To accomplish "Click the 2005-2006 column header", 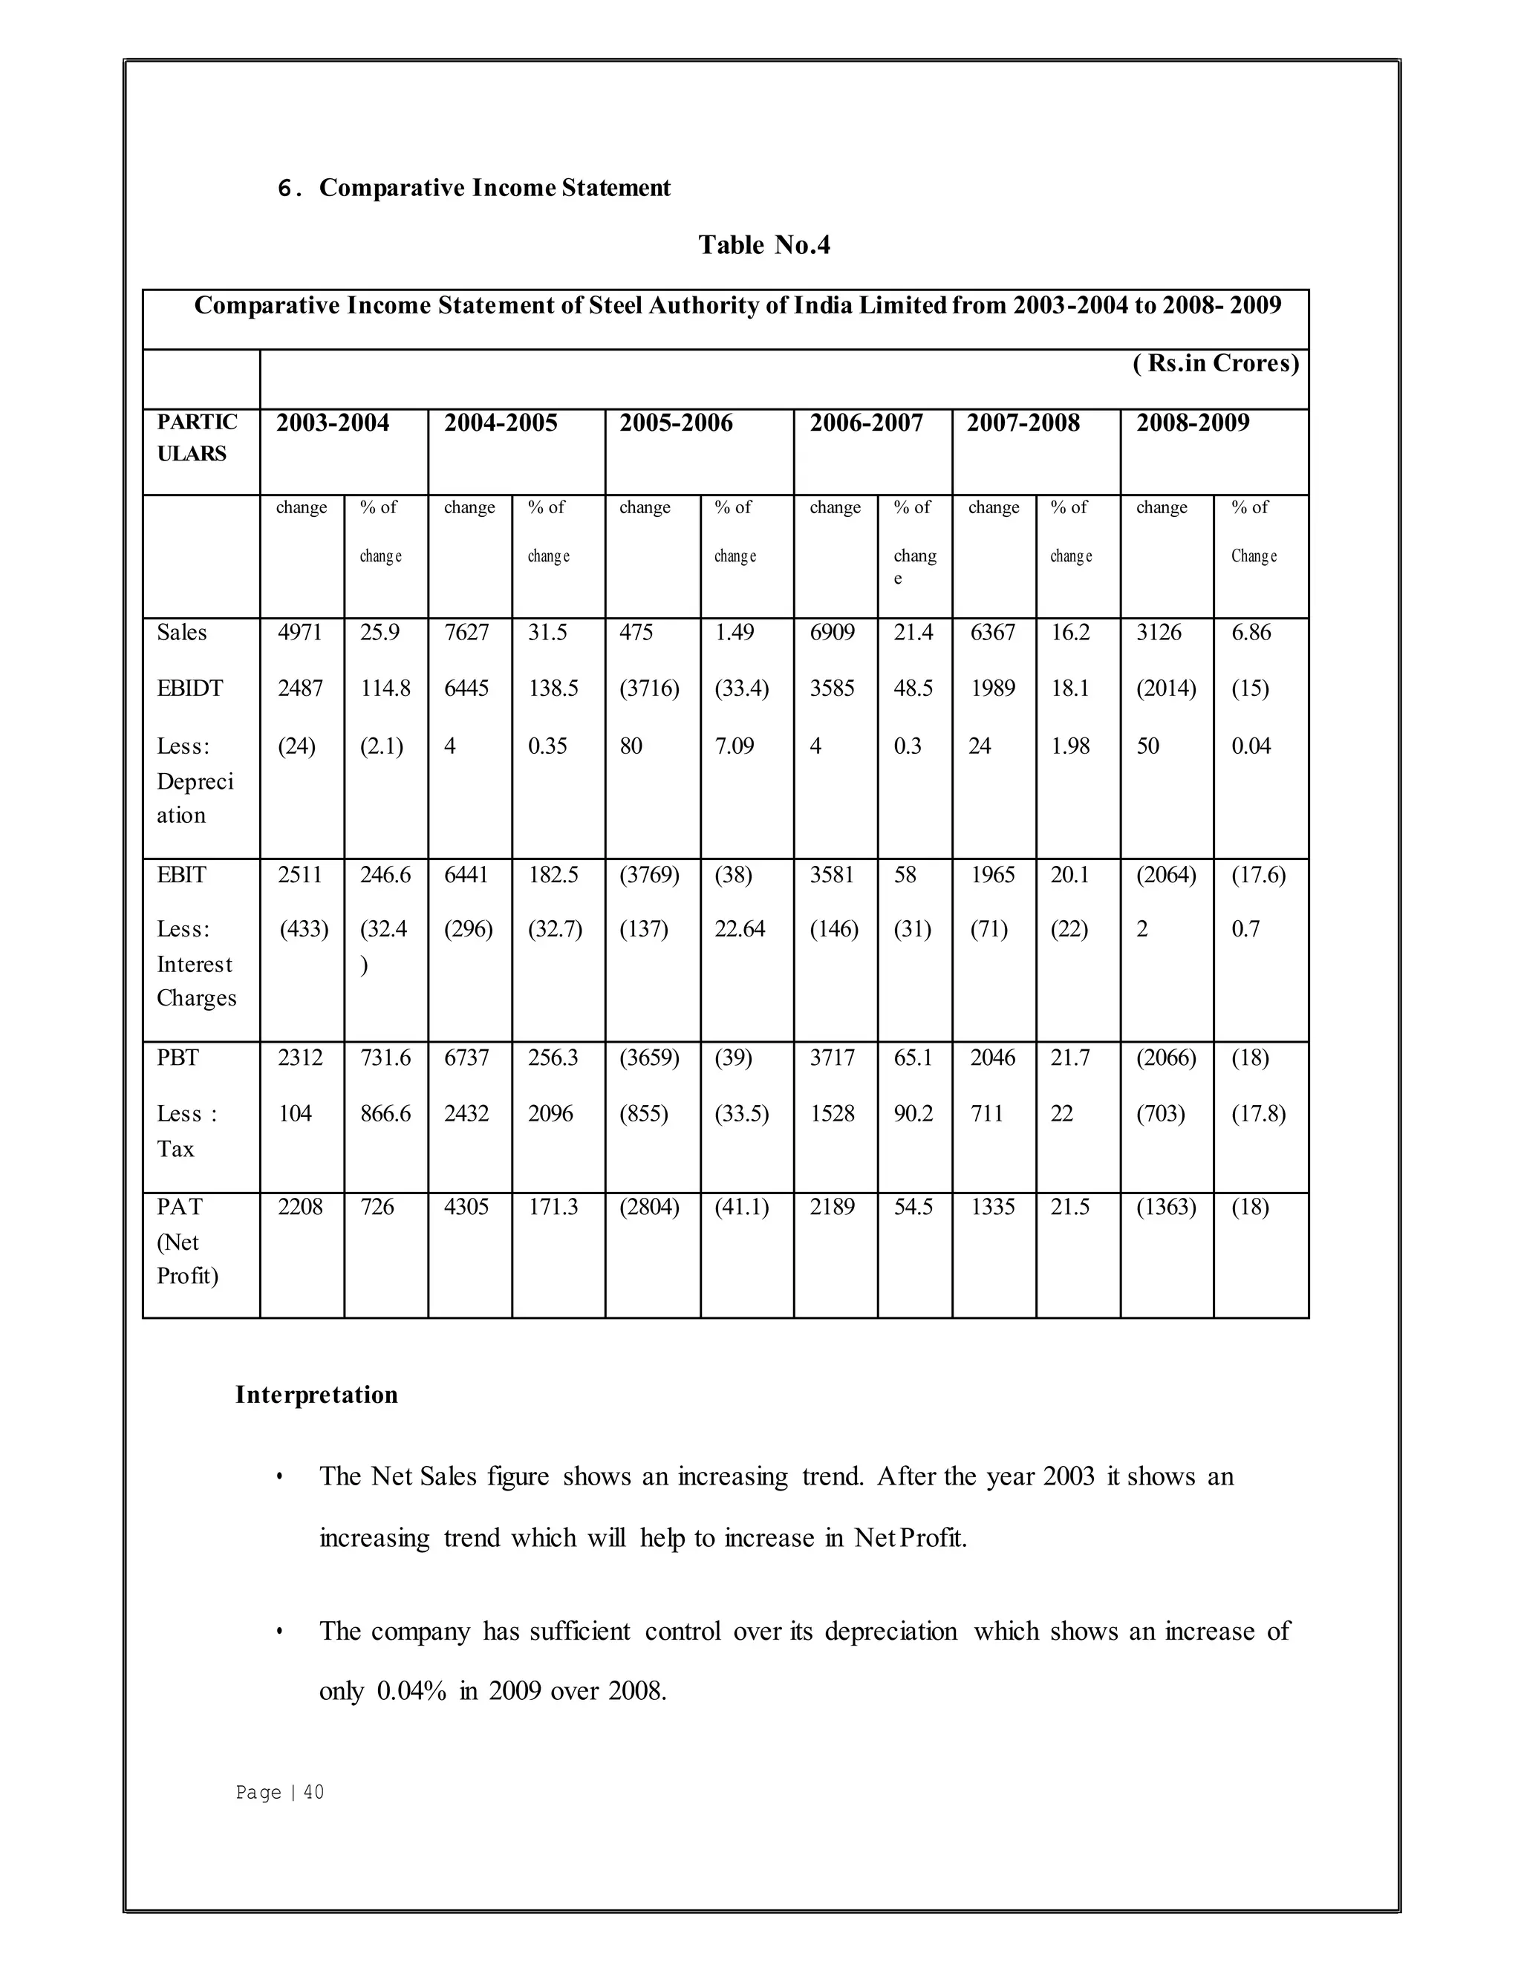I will [x=675, y=423].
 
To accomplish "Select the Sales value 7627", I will [x=466, y=633].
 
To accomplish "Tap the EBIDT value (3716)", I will [x=649, y=688].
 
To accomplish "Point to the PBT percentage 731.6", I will [x=385, y=1057].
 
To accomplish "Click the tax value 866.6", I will [x=385, y=1114].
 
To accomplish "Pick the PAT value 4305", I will [x=466, y=1207].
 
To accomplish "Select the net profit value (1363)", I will [x=1165, y=1207].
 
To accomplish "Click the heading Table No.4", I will [x=764, y=245].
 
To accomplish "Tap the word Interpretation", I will [x=316, y=1395].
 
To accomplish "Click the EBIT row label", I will [x=181, y=875].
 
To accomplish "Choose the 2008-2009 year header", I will [x=1191, y=423].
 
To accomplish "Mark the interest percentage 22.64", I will [x=739, y=929].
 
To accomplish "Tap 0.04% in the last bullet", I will [x=411, y=1690].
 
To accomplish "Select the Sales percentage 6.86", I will [x=1251, y=633].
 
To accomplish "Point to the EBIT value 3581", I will [x=832, y=875].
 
